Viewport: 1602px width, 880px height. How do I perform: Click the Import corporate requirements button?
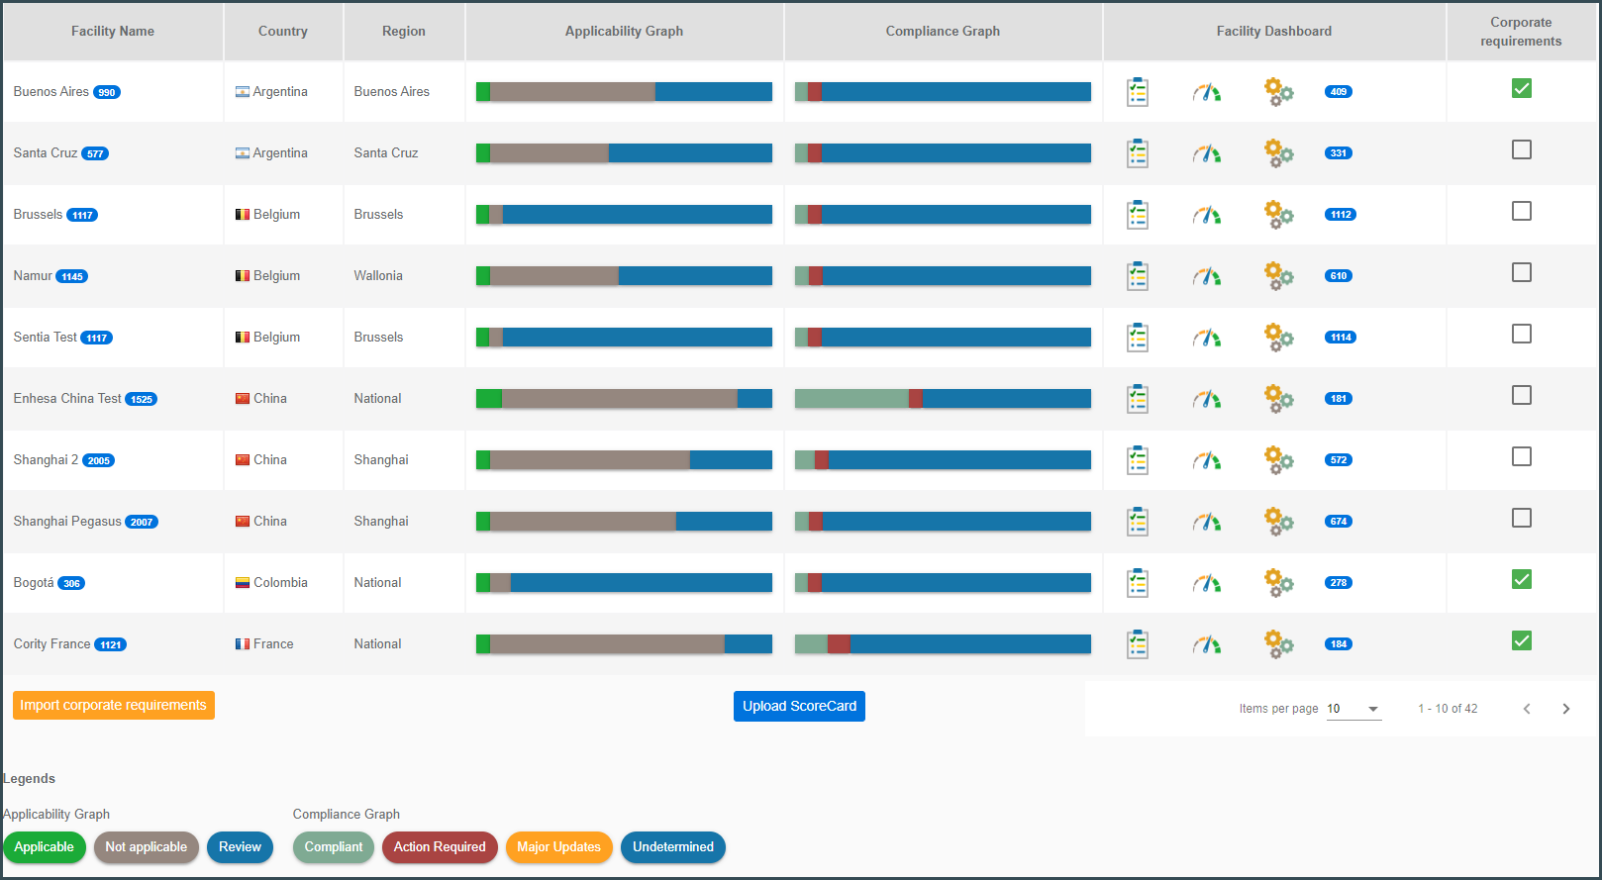click(114, 705)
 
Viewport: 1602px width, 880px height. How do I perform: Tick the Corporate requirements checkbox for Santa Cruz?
click(1521, 150)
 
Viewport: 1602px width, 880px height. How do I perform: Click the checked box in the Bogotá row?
click(1521, 579)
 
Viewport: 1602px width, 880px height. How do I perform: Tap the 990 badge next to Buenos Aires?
click(107, 92)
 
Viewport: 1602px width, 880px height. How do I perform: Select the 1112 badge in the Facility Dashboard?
click(1341, 215)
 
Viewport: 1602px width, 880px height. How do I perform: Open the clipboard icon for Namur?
click(1137, 276)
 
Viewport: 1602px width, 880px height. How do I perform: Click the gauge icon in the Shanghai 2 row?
click(1207, 460)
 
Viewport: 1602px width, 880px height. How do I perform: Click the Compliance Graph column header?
click(943, 31)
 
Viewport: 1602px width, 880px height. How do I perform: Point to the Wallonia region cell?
click(378, 276)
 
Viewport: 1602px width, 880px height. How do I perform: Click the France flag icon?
click(243, 644)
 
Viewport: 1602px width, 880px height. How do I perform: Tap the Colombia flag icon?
click(243, 583)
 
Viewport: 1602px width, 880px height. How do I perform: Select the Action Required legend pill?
click(440, 847)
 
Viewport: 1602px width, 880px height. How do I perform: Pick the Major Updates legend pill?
click(558, 847)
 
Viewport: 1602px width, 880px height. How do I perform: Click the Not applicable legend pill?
click(146, 847)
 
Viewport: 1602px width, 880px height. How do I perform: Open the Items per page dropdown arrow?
click(1372, 709)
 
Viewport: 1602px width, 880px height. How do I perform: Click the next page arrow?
click(1565, 709)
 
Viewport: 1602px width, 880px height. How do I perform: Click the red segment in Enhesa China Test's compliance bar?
click(916, 399)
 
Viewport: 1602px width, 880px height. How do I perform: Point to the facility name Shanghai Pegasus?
click(67, 521)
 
